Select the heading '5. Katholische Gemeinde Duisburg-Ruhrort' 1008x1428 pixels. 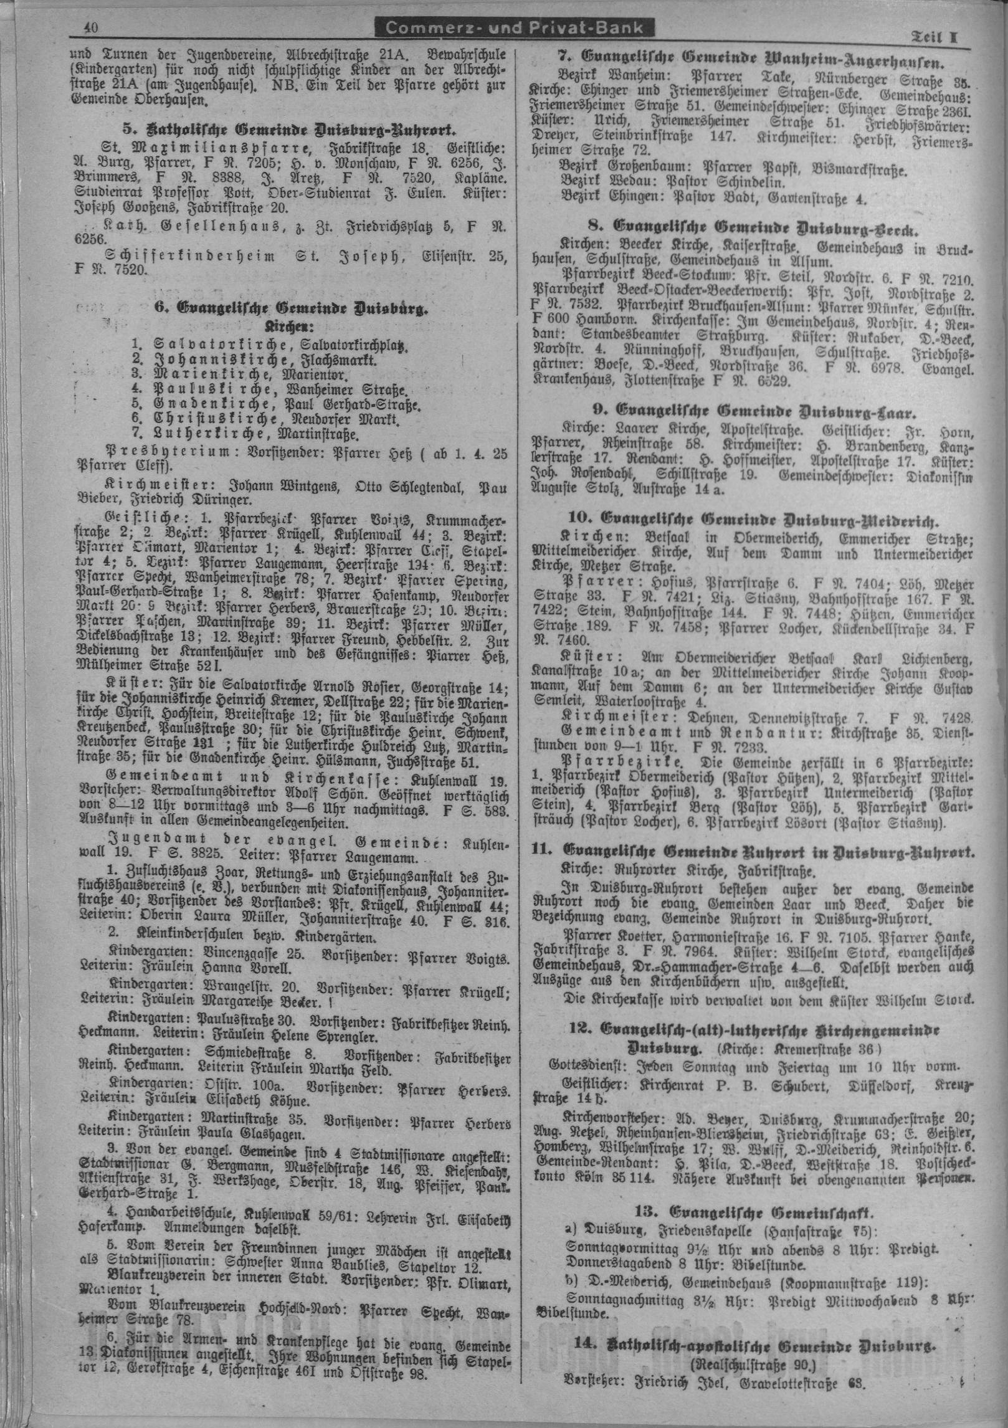click(290, 130)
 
